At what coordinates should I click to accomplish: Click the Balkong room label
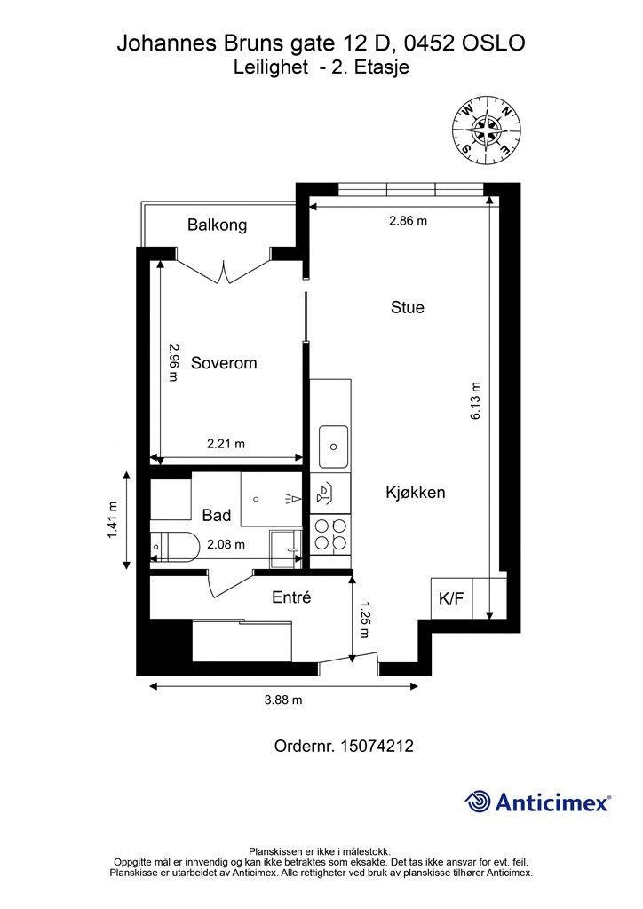(217, 225)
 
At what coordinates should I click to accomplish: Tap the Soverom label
(224, 363)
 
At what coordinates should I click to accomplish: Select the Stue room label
(407, 307)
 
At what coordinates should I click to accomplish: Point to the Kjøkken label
(415, 493)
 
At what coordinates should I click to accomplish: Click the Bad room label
(217, 515)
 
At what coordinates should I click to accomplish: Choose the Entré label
(291, 597)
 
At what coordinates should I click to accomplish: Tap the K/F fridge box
(452, 598)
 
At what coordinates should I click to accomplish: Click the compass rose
(488, 130)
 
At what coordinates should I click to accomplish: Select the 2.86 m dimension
(409, 220)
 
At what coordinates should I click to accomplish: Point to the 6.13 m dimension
(475, 400)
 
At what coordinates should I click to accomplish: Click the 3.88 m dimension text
(283, 700)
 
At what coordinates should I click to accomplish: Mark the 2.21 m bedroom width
(226, 444)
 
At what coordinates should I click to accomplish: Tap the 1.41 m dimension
(112, 519)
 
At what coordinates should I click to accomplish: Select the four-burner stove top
(329, 534)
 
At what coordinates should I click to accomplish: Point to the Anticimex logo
(537, 802)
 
